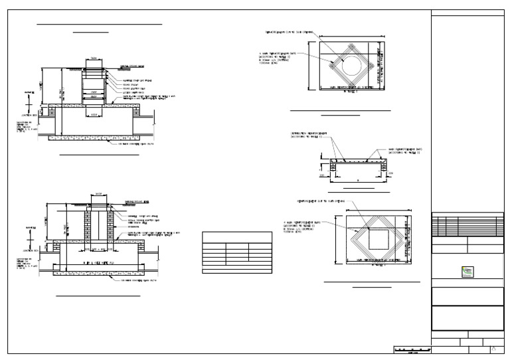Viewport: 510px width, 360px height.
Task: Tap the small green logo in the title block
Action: (467, 271)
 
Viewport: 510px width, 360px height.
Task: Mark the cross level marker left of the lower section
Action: (28, 238)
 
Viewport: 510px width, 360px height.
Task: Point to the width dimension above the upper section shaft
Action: (94, 58)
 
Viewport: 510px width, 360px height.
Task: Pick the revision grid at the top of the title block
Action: (467, 226)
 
